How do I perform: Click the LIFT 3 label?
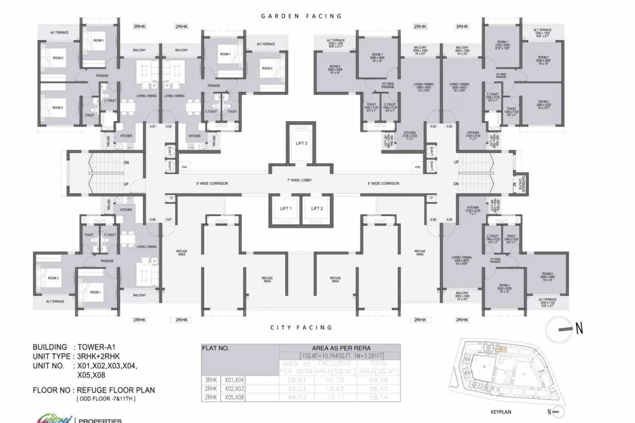click(x=300, y=144)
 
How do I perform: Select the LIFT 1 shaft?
click(x=286, y=209)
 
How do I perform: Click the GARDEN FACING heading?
click(x=301, y=17)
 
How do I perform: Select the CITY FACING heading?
click(x=301, y=328)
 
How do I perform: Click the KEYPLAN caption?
click(x=502, y=411)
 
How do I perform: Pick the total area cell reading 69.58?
click(x=380, y=380)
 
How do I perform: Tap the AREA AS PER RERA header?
click(x=340, y=348)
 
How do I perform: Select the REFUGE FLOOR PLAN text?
click(x=117, y=390)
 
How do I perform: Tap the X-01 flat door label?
click(x=153, y=127)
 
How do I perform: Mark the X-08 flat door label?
click(x=153, y=220)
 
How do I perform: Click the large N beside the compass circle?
click(x=579, y=329)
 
